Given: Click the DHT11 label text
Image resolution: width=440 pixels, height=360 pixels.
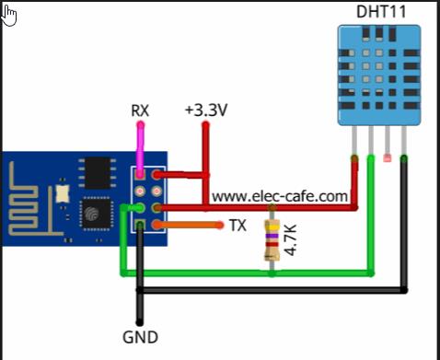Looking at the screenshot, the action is pos(381,12).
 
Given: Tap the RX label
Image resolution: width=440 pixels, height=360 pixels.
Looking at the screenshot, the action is pos(140,110).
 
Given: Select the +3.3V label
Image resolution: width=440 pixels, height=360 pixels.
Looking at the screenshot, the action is pos(206,110).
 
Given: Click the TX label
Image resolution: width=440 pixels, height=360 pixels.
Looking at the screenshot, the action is pos(238,226).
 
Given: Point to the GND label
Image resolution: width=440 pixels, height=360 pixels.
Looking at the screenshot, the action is pos(140,337).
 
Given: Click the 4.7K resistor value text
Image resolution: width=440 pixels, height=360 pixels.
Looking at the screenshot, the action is pos(290,239).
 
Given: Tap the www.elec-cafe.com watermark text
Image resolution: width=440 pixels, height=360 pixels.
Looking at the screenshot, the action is pos(280,196).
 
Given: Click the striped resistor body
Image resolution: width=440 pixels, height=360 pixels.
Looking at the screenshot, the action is pos(272,240).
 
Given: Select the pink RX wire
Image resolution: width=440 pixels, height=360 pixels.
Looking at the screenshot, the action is pos(141,149).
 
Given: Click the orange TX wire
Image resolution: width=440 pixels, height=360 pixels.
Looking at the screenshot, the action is pos(188,226).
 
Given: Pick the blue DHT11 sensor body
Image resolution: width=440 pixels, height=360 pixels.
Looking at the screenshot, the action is pos(379,75).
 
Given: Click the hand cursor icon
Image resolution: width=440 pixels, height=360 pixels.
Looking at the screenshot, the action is pos(8,16).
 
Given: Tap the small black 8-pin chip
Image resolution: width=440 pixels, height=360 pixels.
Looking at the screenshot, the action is pos(98,173).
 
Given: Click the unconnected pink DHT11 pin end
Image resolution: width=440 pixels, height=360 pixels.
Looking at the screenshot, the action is pos(388,158).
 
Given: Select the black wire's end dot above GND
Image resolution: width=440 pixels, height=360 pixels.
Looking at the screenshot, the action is pos(140,322).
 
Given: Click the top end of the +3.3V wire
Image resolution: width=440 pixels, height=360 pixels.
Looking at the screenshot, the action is pos(205,124).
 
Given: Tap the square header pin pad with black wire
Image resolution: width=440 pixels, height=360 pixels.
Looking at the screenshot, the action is pos(140,226).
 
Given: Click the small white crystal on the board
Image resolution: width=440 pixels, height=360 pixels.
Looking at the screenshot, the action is pos(63,194).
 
